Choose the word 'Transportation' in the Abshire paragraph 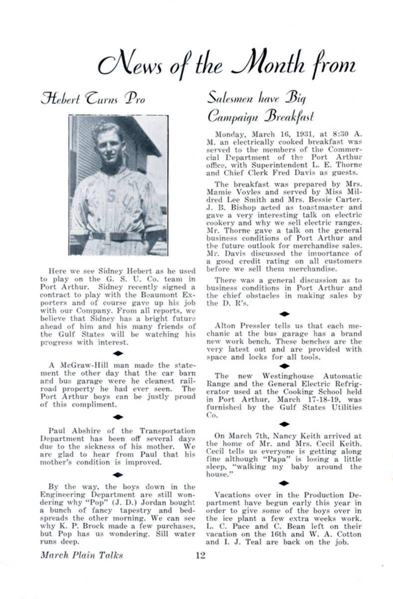(168, 431)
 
